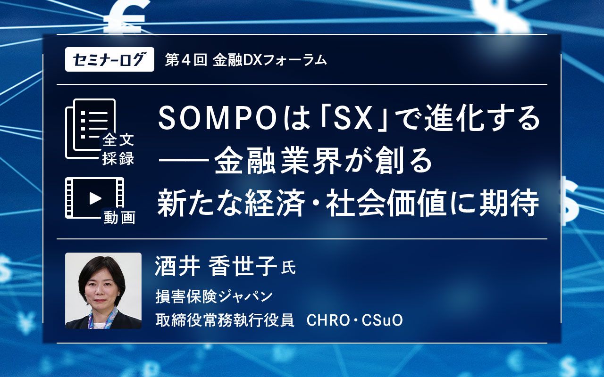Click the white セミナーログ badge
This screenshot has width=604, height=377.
(x=109, y=59)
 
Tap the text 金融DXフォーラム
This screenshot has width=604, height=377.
(x=269, y=60)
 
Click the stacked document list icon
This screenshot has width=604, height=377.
(x=91, y=129)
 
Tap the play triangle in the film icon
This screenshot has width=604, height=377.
(x=95, y=198)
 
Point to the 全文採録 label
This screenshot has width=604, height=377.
(x=118, y=149)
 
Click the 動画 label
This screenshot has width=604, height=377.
(x=119, y=218)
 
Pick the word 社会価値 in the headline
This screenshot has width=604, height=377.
(x=386, y=203)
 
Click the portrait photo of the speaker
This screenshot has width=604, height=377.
(x=103, y=291)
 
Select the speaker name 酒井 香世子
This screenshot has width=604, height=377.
(x=216, y=266)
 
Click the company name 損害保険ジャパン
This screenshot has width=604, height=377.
(x=214, y=296)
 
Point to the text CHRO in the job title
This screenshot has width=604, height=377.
(x=328, y=320)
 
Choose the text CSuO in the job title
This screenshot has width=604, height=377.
(x=382, y=320)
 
